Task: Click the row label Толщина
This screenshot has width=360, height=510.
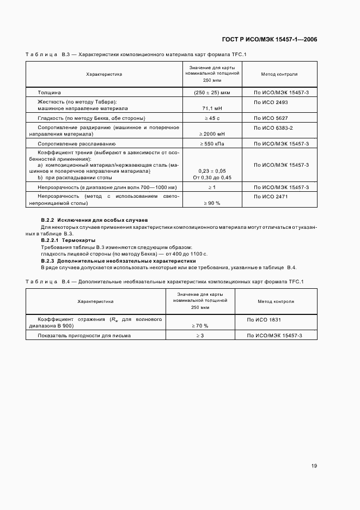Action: pyautogui.click(x=49, y=93)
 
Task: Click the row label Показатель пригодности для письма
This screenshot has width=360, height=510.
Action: pyautogui.click(x=84, y=336)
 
